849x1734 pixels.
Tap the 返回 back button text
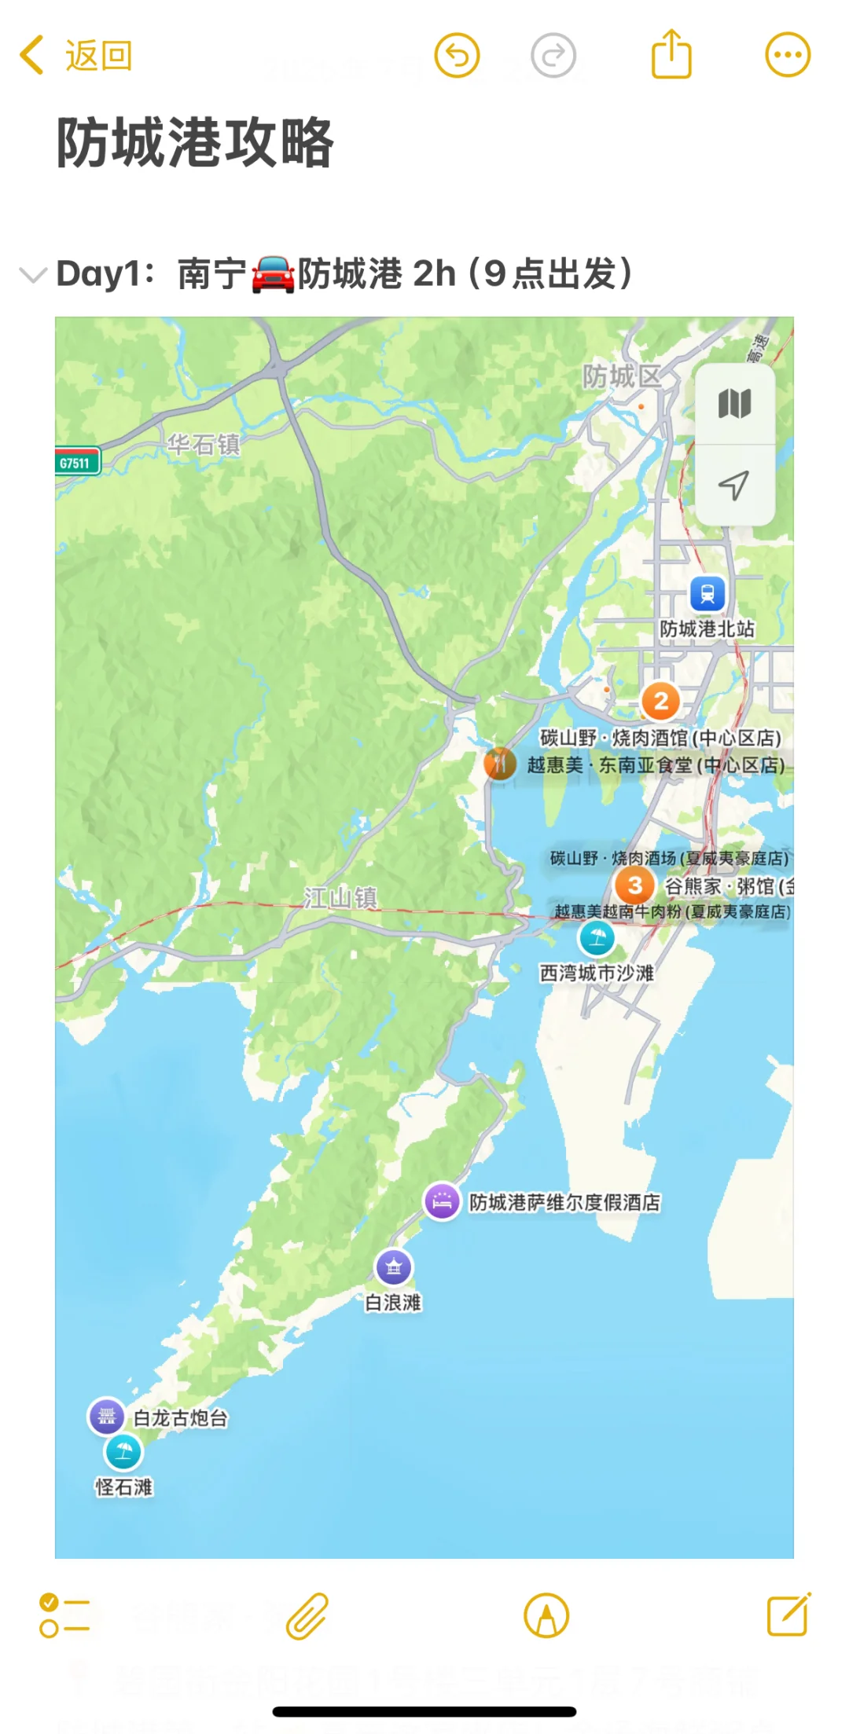(x=98, y=56)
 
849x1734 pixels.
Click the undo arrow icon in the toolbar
(x=457, y=56)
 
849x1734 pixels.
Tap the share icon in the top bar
(x=671, y=54)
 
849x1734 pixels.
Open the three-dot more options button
(x=788, y=55)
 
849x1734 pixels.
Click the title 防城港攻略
(x=195, y=143)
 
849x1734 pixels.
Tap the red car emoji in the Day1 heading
(x=273, y=275)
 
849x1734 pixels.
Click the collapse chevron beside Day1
(x=32, y=275)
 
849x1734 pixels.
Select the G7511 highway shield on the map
(x=76, y=463)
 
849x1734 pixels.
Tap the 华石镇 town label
(x=203, y=445)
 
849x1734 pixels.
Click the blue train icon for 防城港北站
(x=707, y=594)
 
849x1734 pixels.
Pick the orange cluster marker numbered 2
(x=661, y=701)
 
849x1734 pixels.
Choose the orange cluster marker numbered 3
(x=635, y=885)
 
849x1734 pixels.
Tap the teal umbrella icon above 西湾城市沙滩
(x=597, y=937)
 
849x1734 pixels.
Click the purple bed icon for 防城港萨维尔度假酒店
(x=443, y=1201)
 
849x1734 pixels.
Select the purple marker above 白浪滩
(x=394, y=1267)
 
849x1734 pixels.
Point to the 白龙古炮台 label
(x=181, y=1418)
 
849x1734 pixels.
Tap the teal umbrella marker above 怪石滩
(x=123, y=1452)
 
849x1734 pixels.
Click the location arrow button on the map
(x=734, y=486)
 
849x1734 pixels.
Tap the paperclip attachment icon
(x=307, y=1615)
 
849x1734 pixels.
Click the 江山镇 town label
(x=340, y=897)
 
